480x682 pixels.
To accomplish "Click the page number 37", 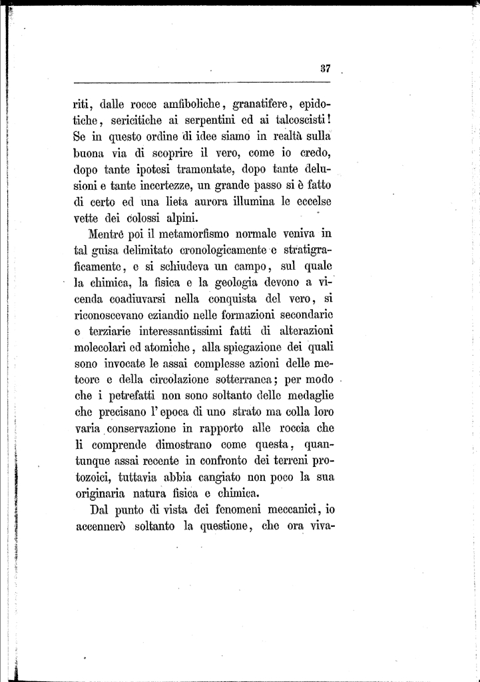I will (326, 67).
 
